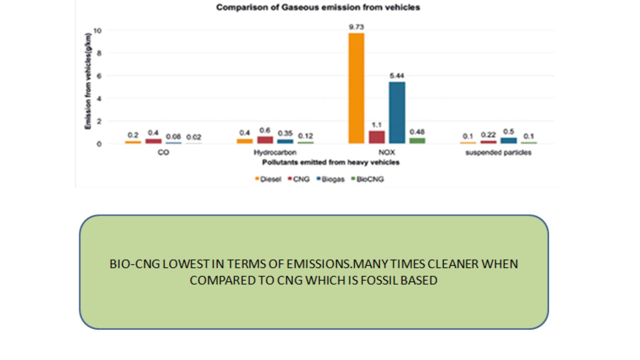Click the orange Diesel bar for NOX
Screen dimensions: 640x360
point(356,88)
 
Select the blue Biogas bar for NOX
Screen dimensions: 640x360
point(397,112)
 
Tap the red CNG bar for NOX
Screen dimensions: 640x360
point(376,137)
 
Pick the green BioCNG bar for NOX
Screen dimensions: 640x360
point(417,140)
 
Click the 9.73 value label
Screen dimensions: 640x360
point(356,27)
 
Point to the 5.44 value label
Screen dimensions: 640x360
point(397,76)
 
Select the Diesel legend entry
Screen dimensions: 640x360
point(268,179)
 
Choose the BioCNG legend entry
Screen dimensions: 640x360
point(368,179)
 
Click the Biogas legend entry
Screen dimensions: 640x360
point(330,179)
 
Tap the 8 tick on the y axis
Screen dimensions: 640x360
point(99,53)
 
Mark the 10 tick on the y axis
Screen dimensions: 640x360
point(98,30)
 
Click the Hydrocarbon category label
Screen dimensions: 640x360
point(275,152)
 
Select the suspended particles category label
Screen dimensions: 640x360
point(498,152)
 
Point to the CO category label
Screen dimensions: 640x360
point(164,152)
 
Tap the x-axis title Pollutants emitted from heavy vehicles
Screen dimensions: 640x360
point(331,162)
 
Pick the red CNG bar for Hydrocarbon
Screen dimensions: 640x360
point(265,140)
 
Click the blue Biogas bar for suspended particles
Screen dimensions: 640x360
point(508,140)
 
